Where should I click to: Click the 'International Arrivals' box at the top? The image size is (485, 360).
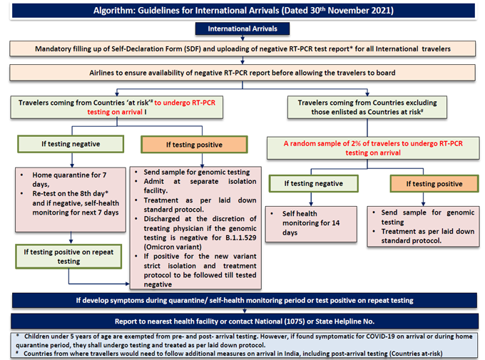coord(242,29)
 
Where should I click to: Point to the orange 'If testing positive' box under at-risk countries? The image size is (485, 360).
coord(194,145)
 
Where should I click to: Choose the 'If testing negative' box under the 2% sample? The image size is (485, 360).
coord(314,183)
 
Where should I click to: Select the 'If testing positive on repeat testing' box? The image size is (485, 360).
coord(68,257)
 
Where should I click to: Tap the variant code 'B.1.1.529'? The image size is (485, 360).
coord(240,238)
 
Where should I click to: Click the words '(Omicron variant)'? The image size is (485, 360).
coord(173,247)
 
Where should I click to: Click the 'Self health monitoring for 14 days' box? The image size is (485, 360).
coord(311,224)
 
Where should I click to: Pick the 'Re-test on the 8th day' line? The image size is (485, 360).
coord(71,194)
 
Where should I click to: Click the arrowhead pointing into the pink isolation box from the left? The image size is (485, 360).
coord(128,284)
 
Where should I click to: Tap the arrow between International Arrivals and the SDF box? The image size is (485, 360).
coord(242,38)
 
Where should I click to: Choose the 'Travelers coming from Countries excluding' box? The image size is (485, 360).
coord(367,108)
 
